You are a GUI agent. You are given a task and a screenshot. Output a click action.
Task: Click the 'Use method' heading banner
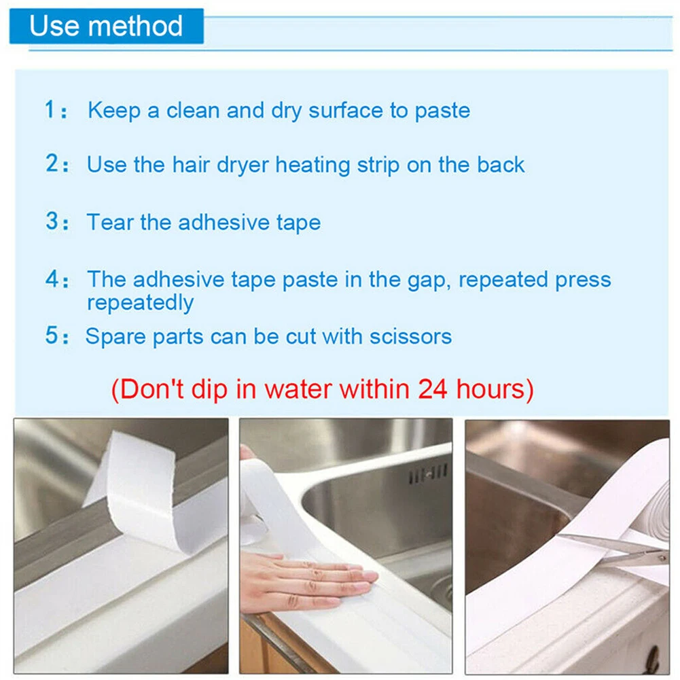pyautogui.click(x=106, y=26)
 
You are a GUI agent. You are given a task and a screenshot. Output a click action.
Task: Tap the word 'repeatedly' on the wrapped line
pyautogui.click(x=140, y=303)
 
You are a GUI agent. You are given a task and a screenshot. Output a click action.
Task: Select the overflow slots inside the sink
pyautogui.click(x=428, y=473)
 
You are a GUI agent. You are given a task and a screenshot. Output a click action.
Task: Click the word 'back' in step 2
pyautogui.click(x=501, y=165)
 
